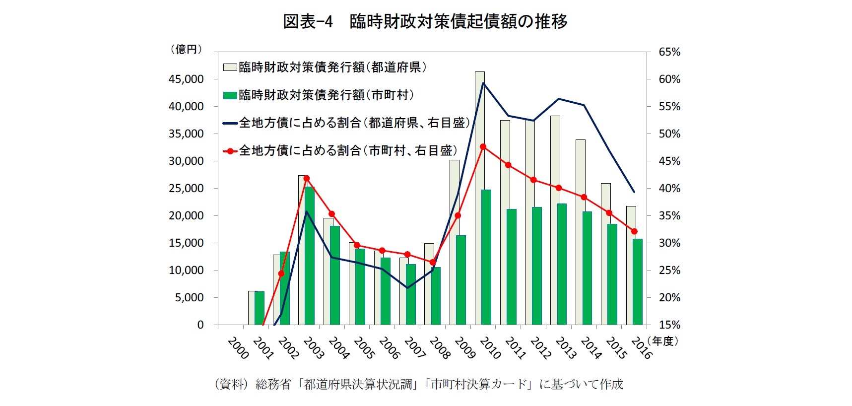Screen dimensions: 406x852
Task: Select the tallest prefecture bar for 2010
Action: pos(479,199)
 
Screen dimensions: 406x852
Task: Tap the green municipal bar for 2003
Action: pos(310,256)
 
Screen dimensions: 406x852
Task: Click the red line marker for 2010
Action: pos(483,147)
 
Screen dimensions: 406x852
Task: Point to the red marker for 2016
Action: pos(634,231)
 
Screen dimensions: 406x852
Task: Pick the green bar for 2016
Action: pos(637,282)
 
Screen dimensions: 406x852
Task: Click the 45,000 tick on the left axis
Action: pos(186,79)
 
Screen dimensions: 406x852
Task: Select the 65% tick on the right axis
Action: pos(669,52)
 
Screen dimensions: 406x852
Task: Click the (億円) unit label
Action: pos(186,49)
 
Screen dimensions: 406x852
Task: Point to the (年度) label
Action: pos(664,341)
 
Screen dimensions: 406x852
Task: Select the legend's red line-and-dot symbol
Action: pos(230,151)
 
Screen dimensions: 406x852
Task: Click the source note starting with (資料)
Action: pos(418,384)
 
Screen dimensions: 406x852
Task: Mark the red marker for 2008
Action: pos(433,262)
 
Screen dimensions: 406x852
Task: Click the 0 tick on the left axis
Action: pos(200,325)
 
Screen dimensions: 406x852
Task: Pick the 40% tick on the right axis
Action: pos(669,189)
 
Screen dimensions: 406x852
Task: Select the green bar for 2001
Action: pos(260,308)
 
